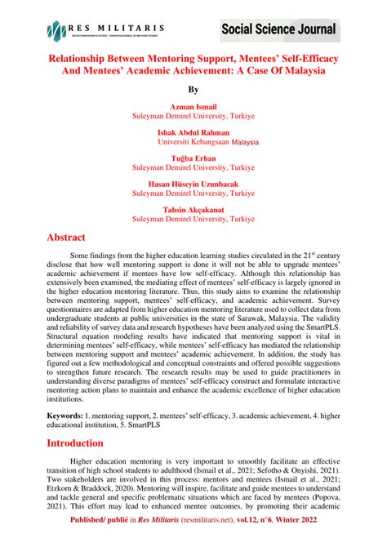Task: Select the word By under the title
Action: coord(193,89)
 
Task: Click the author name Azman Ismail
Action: coord(193,107)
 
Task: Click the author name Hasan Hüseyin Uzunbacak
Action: coord(193,184)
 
